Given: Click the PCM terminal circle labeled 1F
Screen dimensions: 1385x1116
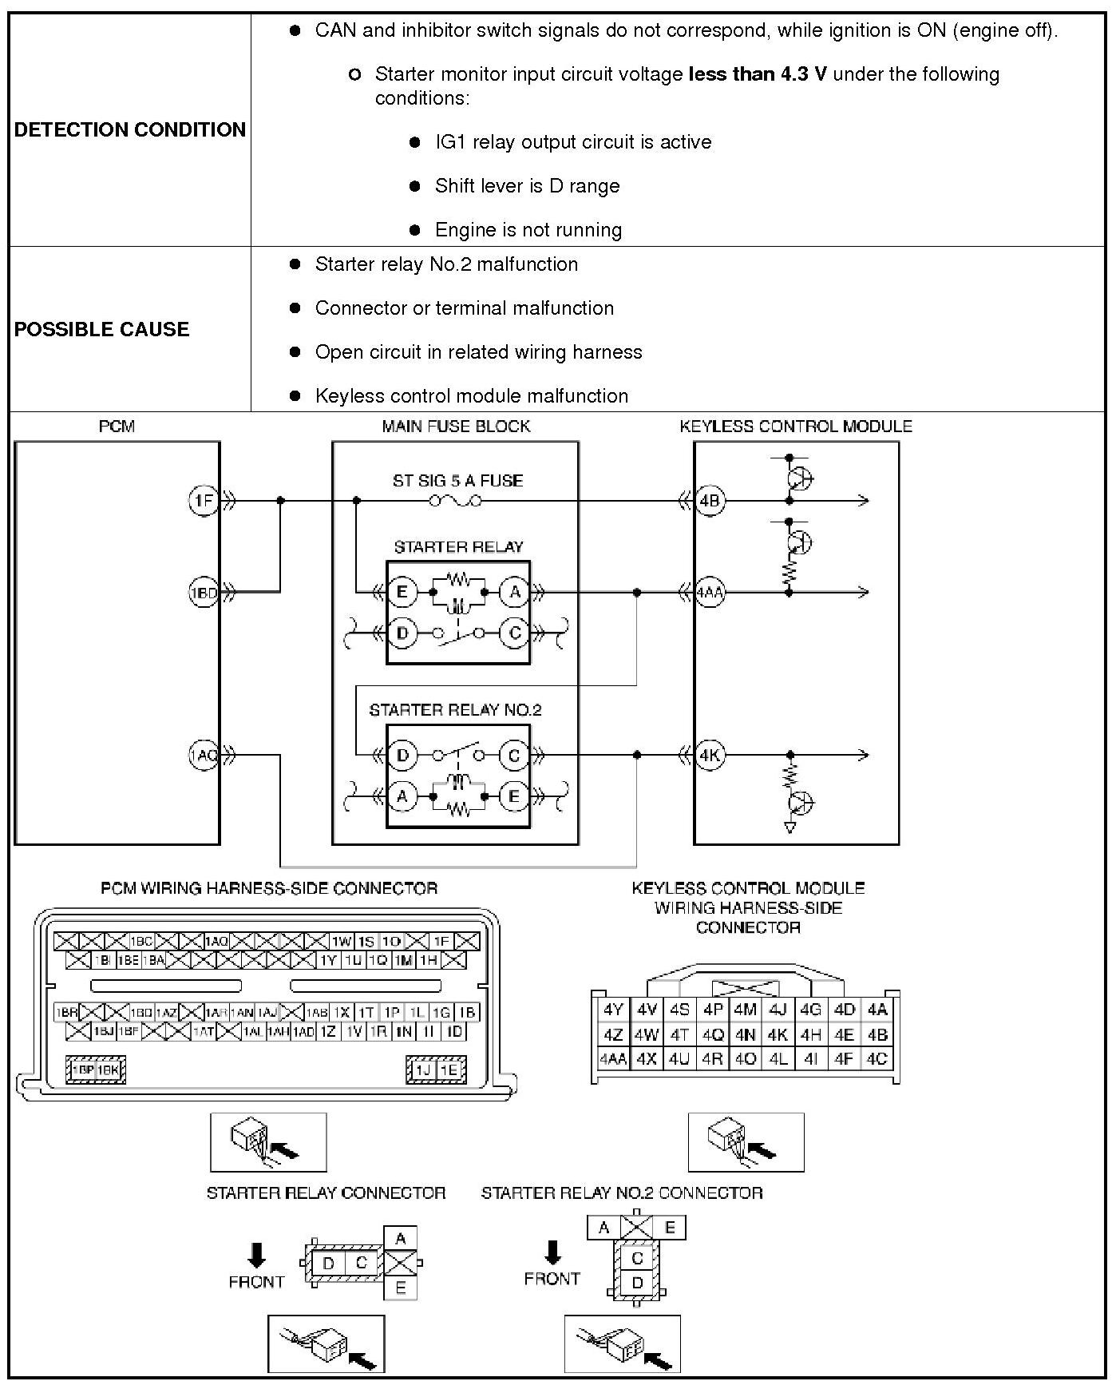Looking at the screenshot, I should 203,501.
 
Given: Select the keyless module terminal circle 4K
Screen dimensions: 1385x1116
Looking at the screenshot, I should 709,755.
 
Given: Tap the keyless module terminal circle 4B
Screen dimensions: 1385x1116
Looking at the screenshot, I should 709,501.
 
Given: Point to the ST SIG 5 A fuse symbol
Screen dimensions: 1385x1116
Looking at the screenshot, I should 456,501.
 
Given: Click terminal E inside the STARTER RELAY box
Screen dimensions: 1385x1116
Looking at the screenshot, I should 402,592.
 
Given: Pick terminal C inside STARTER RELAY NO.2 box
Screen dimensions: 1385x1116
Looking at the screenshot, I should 514,755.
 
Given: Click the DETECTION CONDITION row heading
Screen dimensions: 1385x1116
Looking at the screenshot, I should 129,129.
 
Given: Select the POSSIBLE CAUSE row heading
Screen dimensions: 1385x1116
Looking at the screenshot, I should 101,329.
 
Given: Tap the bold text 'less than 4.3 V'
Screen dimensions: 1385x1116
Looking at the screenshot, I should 757,74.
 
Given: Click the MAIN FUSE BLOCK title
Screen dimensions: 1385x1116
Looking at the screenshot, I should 456,426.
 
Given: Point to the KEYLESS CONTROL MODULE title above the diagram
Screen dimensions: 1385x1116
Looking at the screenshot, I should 795,426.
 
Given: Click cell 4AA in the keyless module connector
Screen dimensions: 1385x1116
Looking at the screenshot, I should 613,1059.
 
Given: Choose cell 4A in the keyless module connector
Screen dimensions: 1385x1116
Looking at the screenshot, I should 877,1009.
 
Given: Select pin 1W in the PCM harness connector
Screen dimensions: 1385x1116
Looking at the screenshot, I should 342,942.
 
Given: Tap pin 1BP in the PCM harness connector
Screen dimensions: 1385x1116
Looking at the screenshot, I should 83,1069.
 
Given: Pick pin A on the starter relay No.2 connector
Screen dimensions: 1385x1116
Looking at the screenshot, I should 604,1228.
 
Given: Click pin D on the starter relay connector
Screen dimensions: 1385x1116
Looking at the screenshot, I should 328,1263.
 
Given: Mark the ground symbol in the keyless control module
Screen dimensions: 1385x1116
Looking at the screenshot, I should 790,828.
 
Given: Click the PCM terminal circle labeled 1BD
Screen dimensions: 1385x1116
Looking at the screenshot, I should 203,592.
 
